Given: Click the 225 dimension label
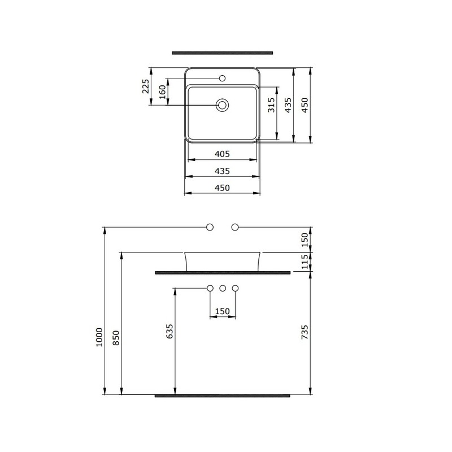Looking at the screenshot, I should (145, 86).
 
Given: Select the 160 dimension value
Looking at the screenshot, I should (162, 92).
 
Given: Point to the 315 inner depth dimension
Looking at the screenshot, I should (271, 105).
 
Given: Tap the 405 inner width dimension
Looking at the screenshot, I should (222, 154).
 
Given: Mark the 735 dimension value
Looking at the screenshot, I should (305, 332).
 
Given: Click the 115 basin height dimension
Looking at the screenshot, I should (305, 261).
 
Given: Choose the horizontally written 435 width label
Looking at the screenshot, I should (222, 171).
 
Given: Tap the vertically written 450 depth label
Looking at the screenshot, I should (305, 105).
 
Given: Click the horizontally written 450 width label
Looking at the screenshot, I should (222, 188).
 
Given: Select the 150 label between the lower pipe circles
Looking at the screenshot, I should (223, 311).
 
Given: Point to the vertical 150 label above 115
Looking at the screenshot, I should (305, 239).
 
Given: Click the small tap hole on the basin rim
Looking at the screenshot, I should (223, 79).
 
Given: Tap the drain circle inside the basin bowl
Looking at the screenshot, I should (223, 105).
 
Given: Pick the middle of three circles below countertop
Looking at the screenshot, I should (223, 289).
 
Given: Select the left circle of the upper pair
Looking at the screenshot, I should (210, 227).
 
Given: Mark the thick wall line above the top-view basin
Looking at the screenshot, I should (223, 53).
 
